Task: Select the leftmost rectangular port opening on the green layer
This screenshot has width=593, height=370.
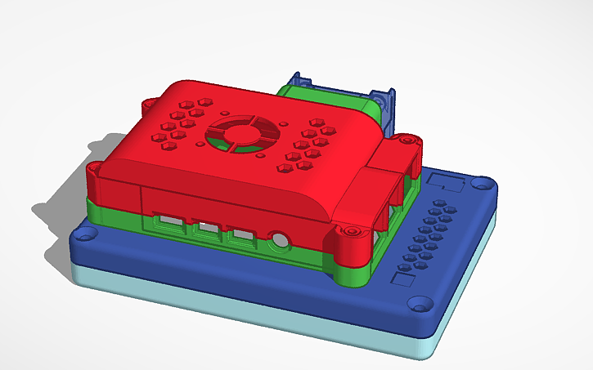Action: [x=170, y=221]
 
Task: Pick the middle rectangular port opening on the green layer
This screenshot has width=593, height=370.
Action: [x=206, y=228]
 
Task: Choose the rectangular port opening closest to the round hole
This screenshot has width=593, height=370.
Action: [x=241, y=235]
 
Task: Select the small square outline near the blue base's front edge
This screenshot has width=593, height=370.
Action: [x=403, y=279]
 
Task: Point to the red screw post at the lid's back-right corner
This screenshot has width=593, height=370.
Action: [x=407, y=140]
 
